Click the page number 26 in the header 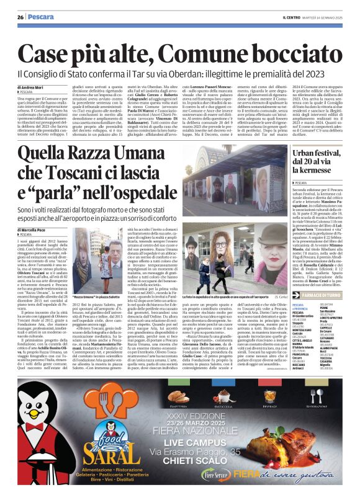[x=20, y=16]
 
